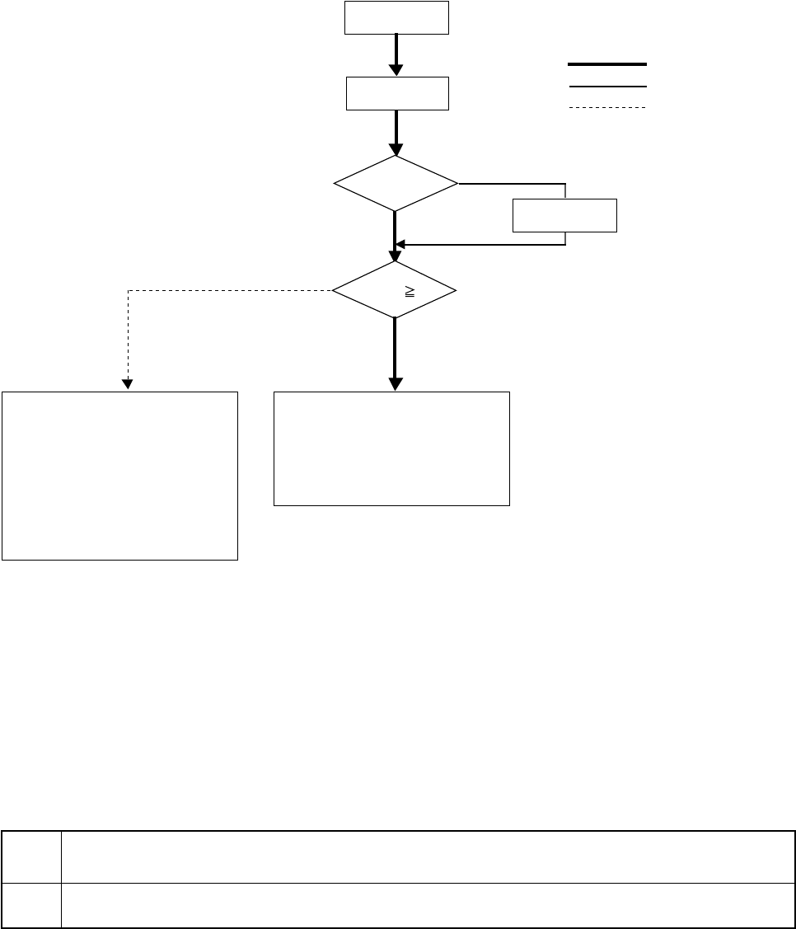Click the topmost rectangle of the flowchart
click(396, 17)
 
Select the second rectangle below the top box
click(396, 93)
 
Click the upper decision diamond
click(396, 183)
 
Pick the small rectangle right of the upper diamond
click(564, 215)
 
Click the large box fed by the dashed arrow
click(119, 476)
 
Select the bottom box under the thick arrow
click(391, 448)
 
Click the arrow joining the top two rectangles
click(396, 54)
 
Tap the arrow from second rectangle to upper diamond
click(396, 132)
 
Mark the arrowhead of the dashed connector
click(128, 382)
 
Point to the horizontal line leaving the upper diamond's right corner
click(511, 184)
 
